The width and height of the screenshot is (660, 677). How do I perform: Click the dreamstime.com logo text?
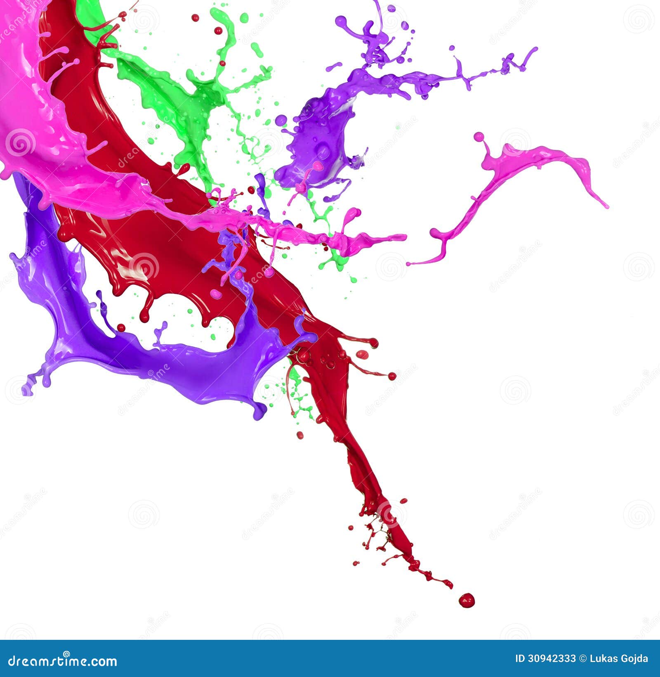pyautogui.click(x=62, y=660)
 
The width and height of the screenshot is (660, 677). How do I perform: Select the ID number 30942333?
pyautogui.click(x=552, y=659)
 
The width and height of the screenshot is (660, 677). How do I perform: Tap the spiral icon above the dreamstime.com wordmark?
pyautogui.click(x=67, y=653)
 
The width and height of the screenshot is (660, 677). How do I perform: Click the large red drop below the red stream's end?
pyautogui.click(x=467, y=600)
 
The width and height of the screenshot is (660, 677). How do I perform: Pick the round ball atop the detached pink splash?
pyautogui.click(x=478, y=137)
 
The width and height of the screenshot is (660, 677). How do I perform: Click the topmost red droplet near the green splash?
pyautogui.click(x=195, y=18)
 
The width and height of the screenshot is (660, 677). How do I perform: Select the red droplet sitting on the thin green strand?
pyautogui.click(x=222, y=63)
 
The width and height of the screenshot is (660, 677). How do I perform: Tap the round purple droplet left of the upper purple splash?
pyautogui.click(x=281, y=120)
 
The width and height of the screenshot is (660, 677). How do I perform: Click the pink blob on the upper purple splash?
pyautogui.click(x=318, y=166)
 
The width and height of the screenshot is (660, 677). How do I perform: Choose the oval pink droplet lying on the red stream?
pyautogui.click(x=216, y=294)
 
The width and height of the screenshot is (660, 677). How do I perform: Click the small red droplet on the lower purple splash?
pyautogui.click(x=121, y=328)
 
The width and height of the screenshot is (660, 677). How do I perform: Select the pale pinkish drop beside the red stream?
pyautogui.click(x=362, y=354)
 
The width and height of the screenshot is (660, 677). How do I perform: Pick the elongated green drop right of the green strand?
pyautogui.click(x=257, y=50)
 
